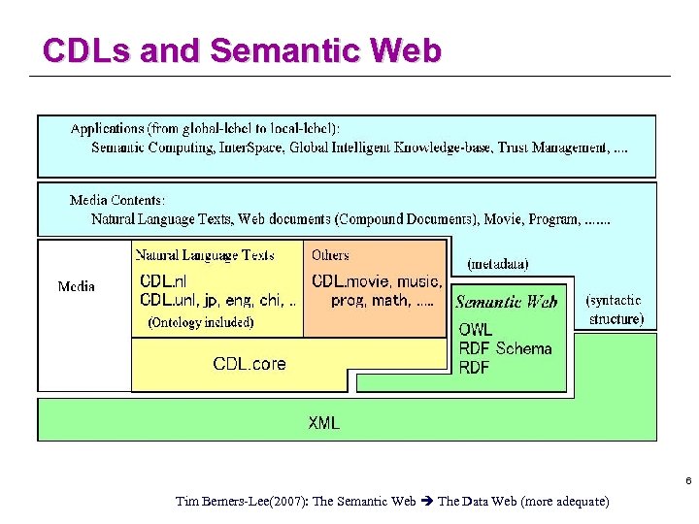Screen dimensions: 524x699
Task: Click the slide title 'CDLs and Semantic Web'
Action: [242, 50]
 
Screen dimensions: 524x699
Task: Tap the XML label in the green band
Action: [324, 422]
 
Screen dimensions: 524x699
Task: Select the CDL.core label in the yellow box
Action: [250, 364]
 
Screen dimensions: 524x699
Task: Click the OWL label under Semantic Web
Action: [476, 330]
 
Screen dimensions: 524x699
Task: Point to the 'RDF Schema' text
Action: [505, 348]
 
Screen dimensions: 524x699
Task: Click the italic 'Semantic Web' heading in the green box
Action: [507, 302]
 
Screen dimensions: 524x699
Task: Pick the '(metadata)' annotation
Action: [498, 264]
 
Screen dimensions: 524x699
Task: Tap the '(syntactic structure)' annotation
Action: [615, 310]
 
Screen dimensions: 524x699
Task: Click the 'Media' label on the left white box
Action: [77, 286]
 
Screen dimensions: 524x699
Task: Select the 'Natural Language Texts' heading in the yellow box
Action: [205, 255]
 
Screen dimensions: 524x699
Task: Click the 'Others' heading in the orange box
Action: [330, 255]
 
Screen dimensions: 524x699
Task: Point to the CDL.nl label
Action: [164, 281]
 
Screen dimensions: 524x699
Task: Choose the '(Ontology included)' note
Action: [200, 322]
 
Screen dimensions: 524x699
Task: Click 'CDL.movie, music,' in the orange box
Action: [377, 281]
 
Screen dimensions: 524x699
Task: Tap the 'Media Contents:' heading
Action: [117, 201]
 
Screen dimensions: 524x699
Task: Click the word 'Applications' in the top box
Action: [108, 128]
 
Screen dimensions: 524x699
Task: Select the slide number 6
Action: [688, 482]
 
